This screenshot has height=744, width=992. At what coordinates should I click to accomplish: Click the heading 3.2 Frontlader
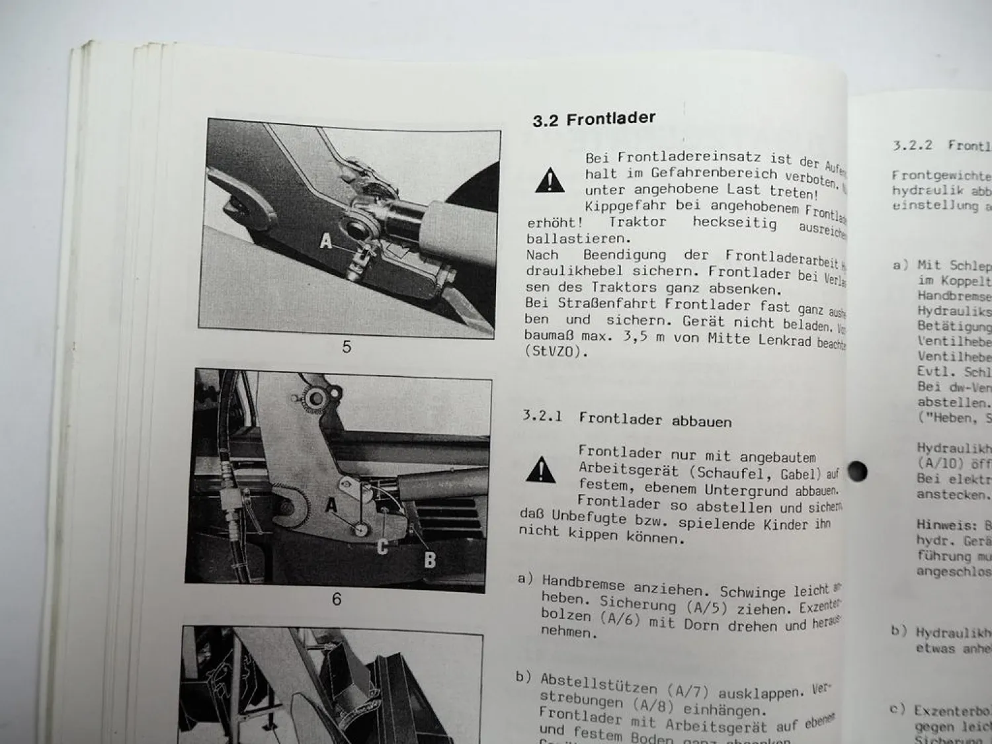pos(594,119)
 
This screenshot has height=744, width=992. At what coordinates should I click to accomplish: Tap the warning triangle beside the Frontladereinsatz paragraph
pos(550,181)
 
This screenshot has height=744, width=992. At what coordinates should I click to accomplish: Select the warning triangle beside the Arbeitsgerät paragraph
pos(540,470)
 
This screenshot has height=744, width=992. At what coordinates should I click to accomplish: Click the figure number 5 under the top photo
pos(346,347)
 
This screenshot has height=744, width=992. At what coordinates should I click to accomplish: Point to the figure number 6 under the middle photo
pos(337,599)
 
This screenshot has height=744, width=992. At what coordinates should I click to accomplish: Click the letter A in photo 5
pos(326,241)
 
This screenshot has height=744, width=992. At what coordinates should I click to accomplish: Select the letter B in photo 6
pos(430,560)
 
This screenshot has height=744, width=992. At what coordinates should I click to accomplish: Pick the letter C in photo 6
pos(382,547)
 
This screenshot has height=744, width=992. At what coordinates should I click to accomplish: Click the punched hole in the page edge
pos(857,472)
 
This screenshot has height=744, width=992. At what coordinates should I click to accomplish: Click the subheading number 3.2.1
pos(542,416)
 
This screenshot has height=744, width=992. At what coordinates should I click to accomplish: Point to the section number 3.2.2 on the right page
pos(912,145)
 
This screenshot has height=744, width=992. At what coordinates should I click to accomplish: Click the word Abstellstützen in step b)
pos(599,684)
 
